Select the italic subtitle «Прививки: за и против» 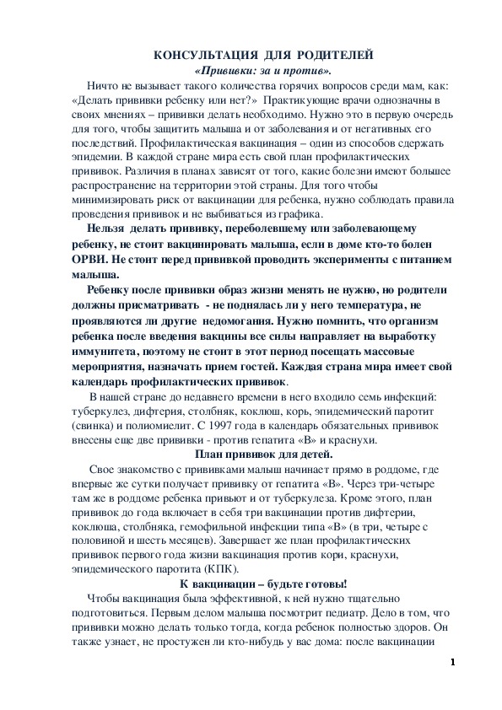point(262,69)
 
